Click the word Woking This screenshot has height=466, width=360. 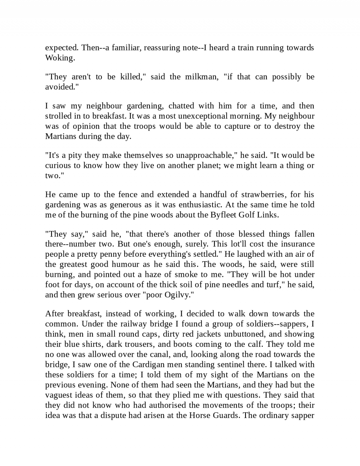tap(59, 58)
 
